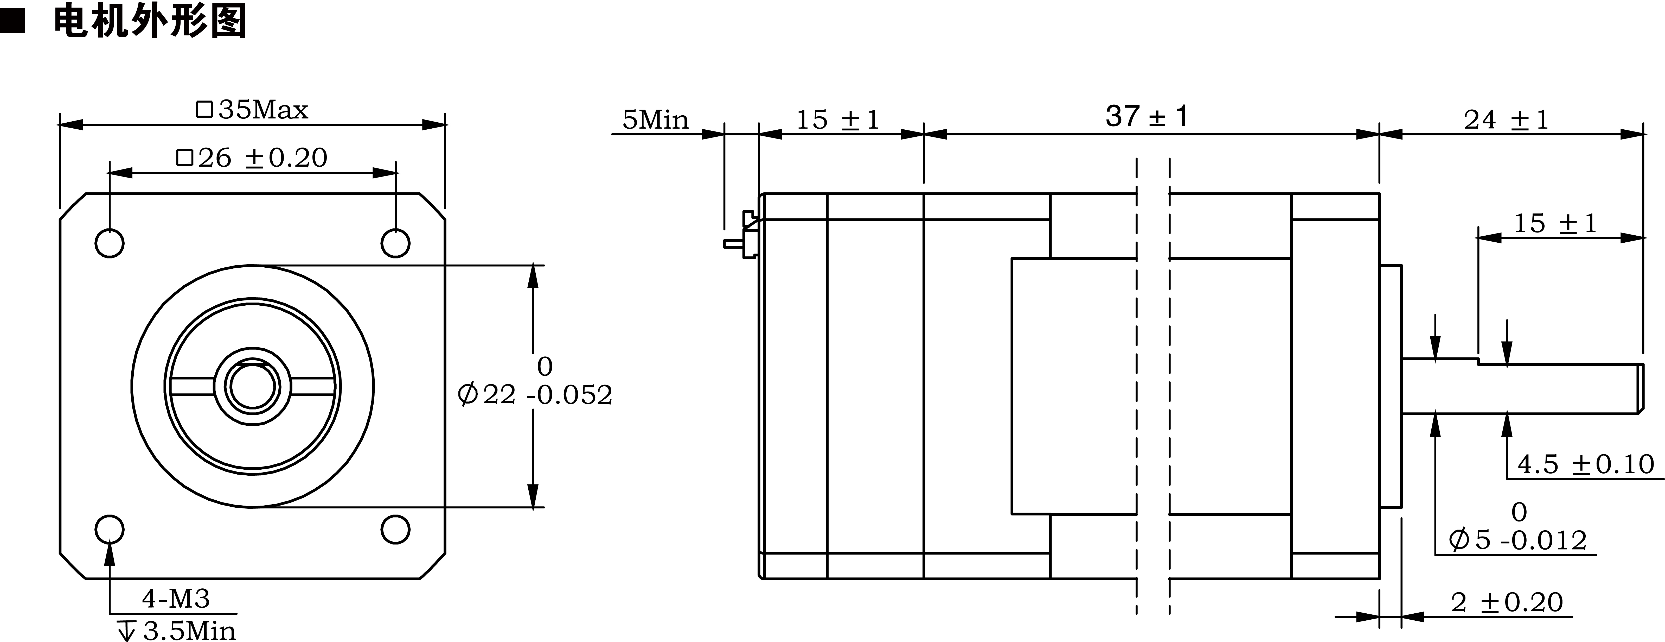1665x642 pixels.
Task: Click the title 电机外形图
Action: tap(150, 21)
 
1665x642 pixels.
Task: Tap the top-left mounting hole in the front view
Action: tap(109, 243)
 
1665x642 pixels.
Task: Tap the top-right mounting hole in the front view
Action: tap(395, 243)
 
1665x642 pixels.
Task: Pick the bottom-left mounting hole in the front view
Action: tap(109, 530)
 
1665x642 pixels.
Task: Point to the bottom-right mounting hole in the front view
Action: tap(395, 530)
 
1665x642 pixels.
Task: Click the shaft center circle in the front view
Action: tap(252, 387)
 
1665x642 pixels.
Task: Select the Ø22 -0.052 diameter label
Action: tap(535, 394)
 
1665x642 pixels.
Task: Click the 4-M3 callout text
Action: tap(176, 599)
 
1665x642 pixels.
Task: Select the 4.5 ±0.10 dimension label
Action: tap(1585, 464)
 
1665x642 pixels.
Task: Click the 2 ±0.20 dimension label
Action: tap(1506, 603)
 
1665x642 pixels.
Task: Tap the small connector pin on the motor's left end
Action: tap(734, 244)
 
